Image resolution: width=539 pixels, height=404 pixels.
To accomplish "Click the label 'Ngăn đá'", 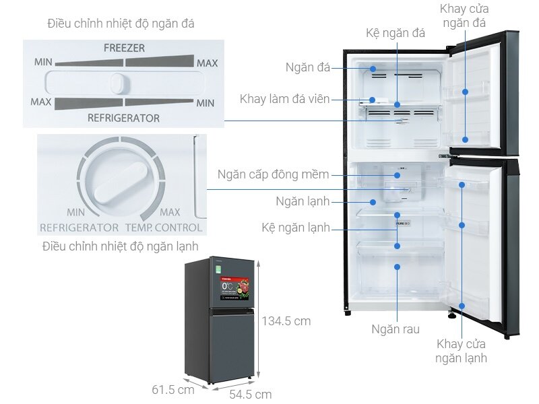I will pyautogui.click(x=307, y=68).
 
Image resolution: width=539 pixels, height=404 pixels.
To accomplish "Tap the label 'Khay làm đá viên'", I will pyautogui.click(x=284, y=100).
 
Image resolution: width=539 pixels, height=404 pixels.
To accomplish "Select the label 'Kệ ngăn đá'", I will pyautogui.click(x=395, y=34).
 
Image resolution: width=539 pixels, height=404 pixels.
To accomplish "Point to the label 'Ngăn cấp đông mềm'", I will pyautogui.click(x=273, y=175).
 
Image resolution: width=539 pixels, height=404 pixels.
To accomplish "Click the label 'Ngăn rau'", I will pyautogui.click(x=395, y=329).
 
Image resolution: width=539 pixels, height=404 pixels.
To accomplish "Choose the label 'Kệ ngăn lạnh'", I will pyautogui.click(x=295, y=228).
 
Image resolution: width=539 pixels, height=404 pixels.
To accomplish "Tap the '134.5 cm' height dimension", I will pyautogui.click(x=286, y=321).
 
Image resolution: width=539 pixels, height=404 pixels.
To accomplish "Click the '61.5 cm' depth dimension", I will pyautogui.click(x=172, y=389).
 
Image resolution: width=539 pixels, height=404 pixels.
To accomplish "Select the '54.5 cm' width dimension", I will pyautogui.click(x=250, y=394).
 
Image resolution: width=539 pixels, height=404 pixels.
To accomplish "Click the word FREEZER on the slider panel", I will pyautogui.click(x=124, y=48).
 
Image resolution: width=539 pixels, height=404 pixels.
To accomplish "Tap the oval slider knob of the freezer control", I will pyautogui.click(x=119, y=83).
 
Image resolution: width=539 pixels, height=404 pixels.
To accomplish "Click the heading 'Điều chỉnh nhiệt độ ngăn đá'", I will pyautogui.click(x=121, y=24).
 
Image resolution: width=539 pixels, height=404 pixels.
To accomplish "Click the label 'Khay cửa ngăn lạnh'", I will pyautogui.click(x=461, y=351).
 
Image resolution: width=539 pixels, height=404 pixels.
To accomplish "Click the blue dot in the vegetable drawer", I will pyautogui.click(x=398, y=267).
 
